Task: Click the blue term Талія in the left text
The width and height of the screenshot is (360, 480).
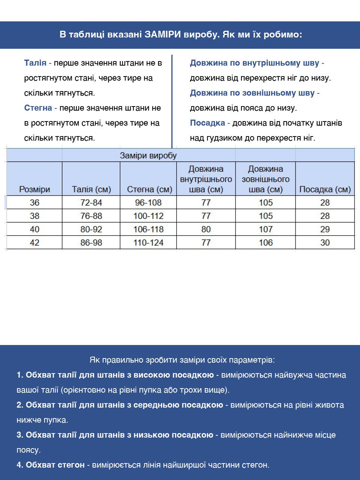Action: point(35,63)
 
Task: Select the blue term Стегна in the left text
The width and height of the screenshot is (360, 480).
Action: point(38,108)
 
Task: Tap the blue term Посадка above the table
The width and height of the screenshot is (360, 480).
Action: point(207,123)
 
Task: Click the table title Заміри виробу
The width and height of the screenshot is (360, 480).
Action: point(148,156)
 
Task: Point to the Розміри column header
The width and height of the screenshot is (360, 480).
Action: point(34,189)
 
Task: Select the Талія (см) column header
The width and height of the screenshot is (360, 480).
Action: point(91,189)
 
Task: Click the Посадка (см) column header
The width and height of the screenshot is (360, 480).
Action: point(325,189)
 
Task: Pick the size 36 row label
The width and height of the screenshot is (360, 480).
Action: point(34,203)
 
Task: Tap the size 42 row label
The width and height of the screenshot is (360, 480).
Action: point(34,243)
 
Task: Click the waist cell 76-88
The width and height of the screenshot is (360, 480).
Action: point(91,216)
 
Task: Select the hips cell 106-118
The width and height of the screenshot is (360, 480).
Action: point(148,229)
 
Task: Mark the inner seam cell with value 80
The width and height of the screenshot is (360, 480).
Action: point(206,229)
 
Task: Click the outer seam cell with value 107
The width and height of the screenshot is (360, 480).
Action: point(265,229)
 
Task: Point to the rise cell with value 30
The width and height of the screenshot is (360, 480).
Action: point(325,243)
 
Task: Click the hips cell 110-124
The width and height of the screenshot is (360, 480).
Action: point(148,243)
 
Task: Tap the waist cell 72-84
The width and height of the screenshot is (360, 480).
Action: point(91,203)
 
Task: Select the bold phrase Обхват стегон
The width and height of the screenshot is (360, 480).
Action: point(55,465)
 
